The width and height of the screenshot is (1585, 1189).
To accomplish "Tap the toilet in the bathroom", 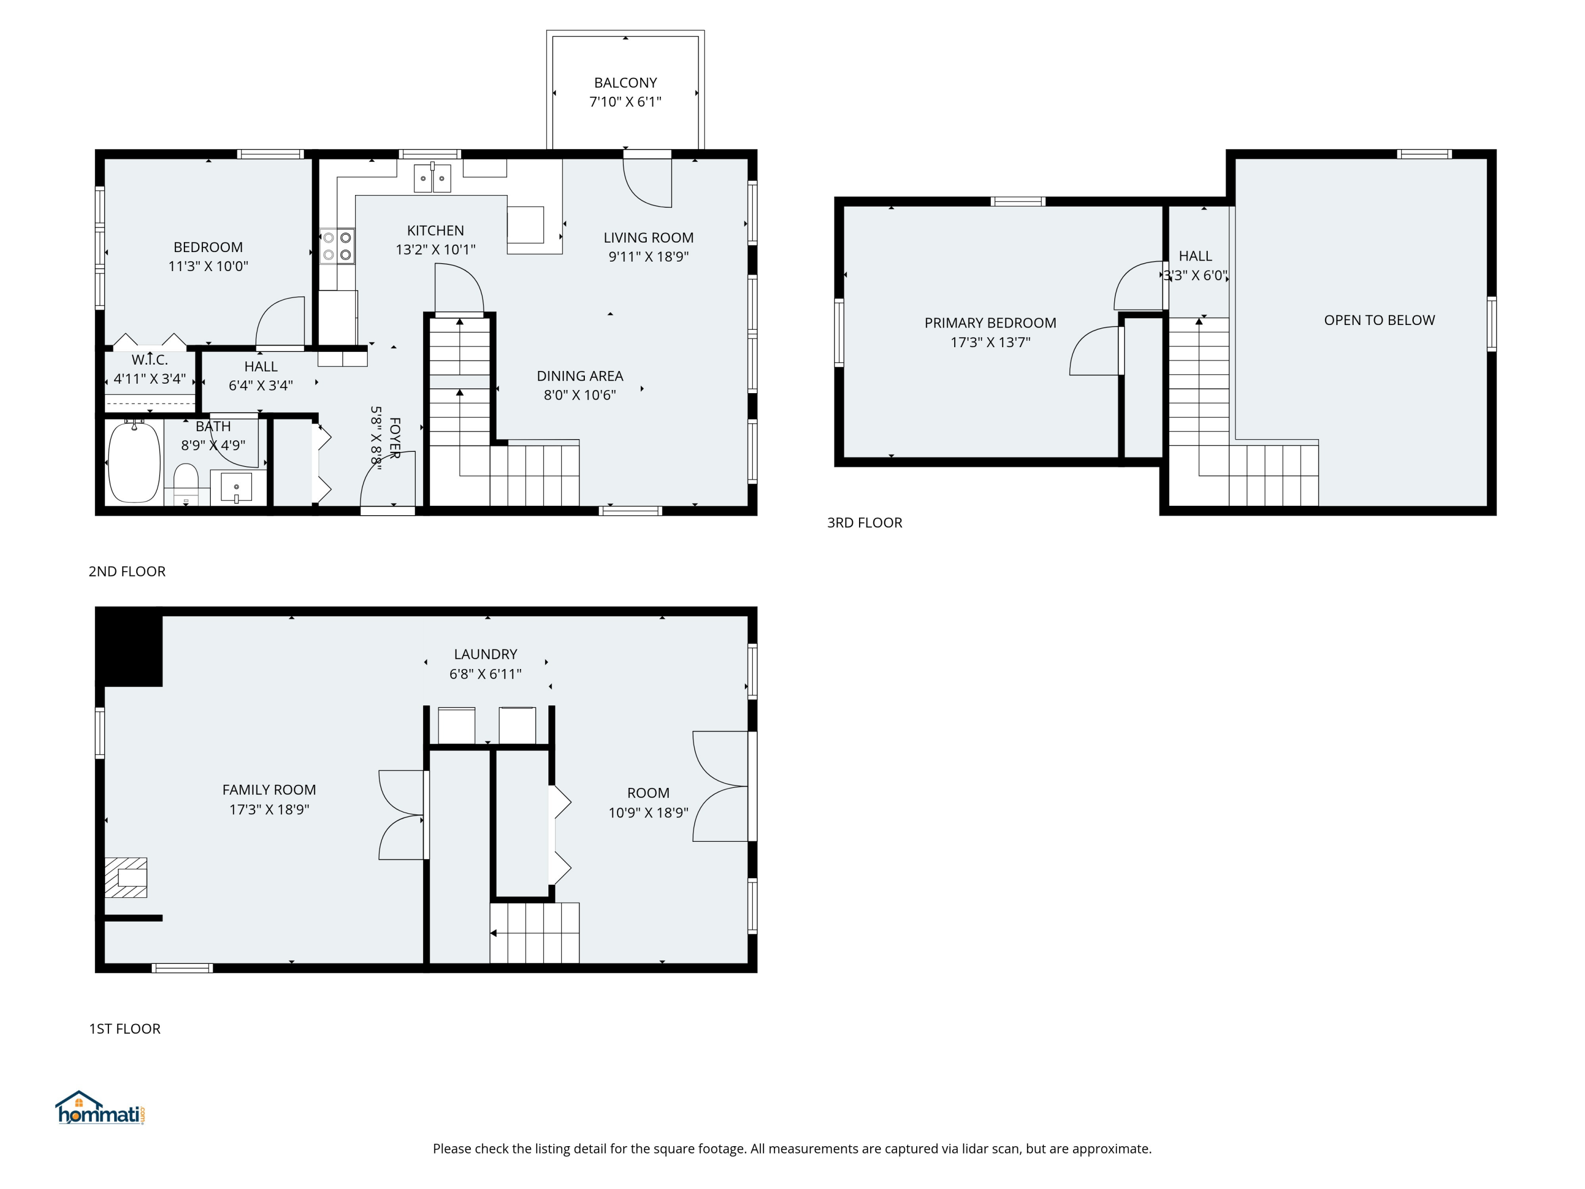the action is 187,483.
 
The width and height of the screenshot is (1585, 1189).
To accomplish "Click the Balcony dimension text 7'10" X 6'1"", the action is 626,102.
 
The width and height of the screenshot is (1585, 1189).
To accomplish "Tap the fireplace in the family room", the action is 126,877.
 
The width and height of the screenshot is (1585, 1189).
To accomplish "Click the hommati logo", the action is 101,1108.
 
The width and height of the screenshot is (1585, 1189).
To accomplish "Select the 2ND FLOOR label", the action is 127,571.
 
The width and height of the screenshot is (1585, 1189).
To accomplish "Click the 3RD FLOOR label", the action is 865,523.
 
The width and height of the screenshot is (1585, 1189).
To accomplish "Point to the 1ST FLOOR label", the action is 125,1028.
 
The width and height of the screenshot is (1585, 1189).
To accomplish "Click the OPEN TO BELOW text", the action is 1379,320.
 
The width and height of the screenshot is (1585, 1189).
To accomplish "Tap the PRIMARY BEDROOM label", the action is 990,323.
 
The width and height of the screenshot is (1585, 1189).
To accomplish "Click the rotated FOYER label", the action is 394,438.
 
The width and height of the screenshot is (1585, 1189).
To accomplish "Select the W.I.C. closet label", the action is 150,360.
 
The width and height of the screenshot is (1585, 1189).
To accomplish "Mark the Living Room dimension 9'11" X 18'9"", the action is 648,257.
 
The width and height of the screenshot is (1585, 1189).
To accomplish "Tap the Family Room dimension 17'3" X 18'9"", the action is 269,809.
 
